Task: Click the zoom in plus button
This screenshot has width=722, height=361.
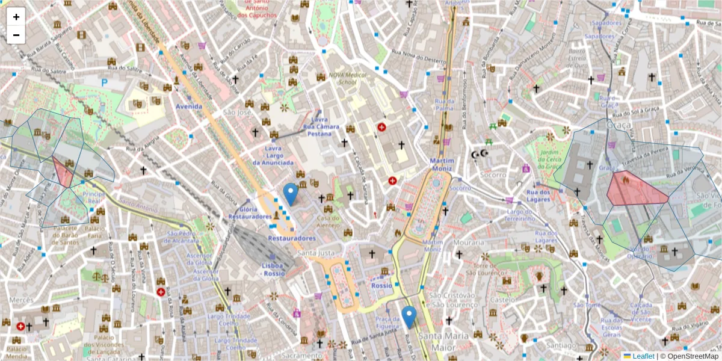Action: [16, 17]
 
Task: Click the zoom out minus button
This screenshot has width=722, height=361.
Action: [16, 35]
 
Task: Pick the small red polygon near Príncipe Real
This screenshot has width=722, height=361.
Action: [63, 171]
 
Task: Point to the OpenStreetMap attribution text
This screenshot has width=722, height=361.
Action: [692, 356]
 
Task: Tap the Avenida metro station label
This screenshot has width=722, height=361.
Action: [188, 106]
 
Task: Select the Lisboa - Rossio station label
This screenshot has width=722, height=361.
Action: [273, 269]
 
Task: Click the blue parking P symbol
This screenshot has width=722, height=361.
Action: [105, 82]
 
